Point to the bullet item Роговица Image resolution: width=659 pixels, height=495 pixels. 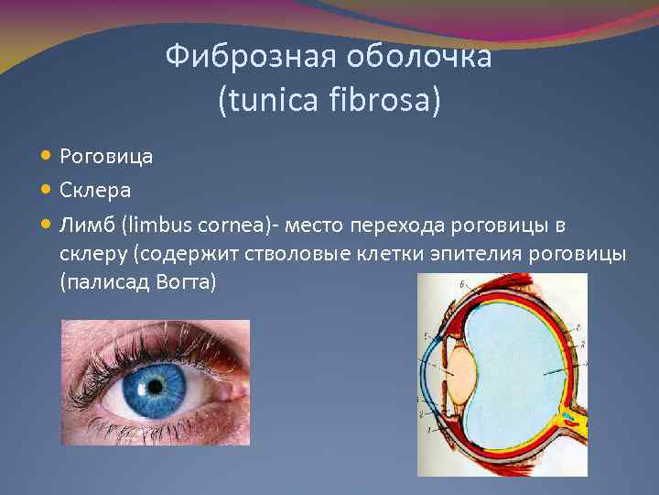pos(106,156)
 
